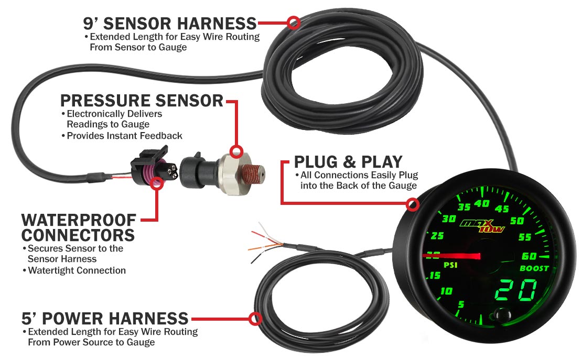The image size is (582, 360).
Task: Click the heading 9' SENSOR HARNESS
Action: coord(169,24)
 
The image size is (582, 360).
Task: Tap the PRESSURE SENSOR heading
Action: coord(142,100)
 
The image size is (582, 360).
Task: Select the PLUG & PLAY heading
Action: coord(348,161)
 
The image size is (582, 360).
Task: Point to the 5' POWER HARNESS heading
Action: coord(105,318)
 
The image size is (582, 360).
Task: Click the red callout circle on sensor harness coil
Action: coord(294,23)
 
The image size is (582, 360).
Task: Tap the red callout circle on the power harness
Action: coord(255,318)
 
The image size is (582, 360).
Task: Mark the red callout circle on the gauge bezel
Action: coord(413,204)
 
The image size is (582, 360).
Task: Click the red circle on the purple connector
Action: coord(156,183)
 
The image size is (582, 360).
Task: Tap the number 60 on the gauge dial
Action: coord(530,256)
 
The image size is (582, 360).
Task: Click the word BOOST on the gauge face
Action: coord(534,268)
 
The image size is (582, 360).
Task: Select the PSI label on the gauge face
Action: coord(450,265)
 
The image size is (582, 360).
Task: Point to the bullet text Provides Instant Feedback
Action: coord(124,136)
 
